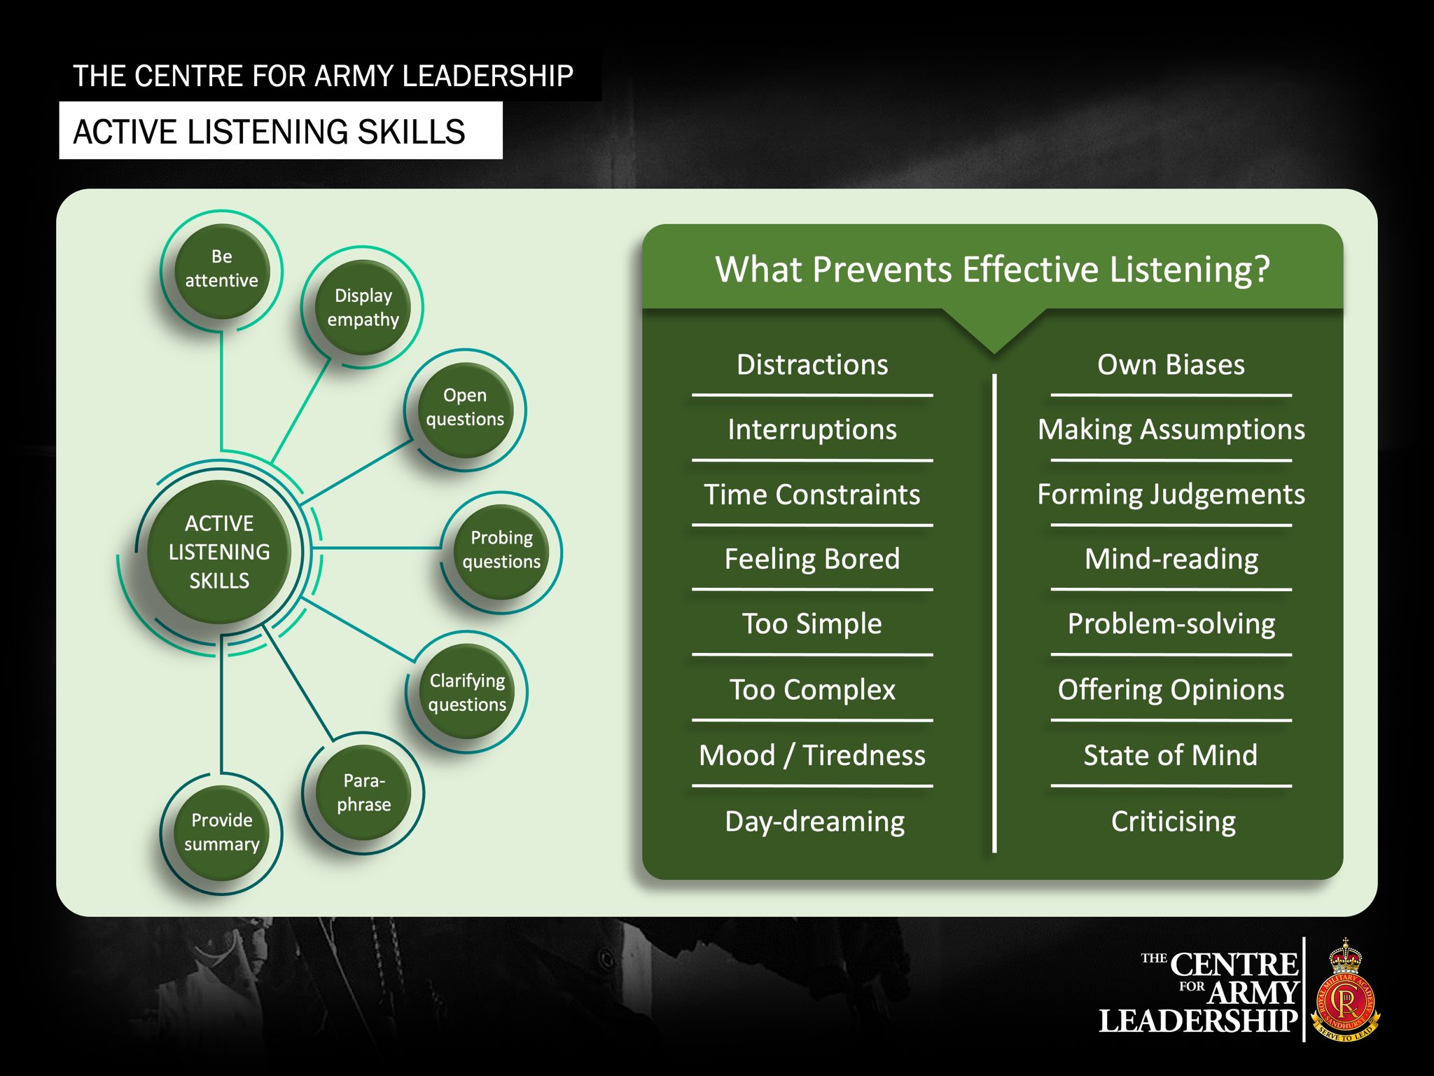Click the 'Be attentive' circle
pos(221,270)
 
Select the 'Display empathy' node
pos(363,308)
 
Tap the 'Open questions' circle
pos(465,408)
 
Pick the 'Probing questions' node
pos(501,551)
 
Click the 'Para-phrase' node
pos(363,792)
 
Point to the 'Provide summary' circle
pos(221,833)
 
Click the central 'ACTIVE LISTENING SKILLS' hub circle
pos(219,552)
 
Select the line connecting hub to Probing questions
pos(378,548)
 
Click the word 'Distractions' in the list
pos(812,365)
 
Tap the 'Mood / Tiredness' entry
pos(812,755)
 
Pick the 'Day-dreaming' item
pos(815,822)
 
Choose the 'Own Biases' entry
pos(1171,365)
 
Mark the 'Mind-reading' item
pos(1171,560)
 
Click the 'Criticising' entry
pos(1174,822)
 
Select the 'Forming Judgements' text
pos(1171,495)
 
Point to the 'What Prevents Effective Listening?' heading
pos(992,269)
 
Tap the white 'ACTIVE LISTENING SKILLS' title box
pos(280,131)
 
